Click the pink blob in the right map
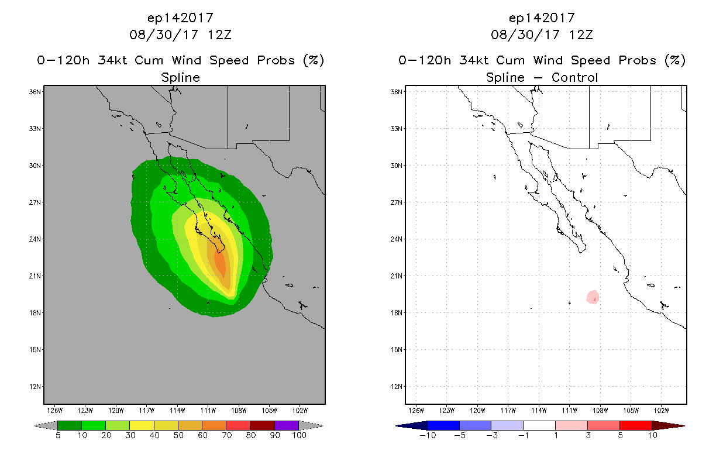pos(593,297)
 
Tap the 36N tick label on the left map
pos(35,92)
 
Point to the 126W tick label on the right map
pos(416,411)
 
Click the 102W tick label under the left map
pos(300,411)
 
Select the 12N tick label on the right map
pos(397,386)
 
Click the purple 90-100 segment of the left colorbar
pos(287,425)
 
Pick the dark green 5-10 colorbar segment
pos(70,425)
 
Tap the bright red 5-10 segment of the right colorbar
pos(636,425)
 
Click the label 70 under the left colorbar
pos(226,435)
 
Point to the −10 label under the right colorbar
pos(428,435)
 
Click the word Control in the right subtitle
pos(574,77)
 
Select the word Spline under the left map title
pos(180,78)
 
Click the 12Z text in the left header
pos(219,35)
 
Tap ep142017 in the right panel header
pos(542,18)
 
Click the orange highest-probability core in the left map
pos(220,264)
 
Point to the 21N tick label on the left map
pos(35,276)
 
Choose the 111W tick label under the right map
pos(570,411)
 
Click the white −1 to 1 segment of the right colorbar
pos(539,425)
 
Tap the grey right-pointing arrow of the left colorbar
pos(311,425)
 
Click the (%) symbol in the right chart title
pos(675,60)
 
